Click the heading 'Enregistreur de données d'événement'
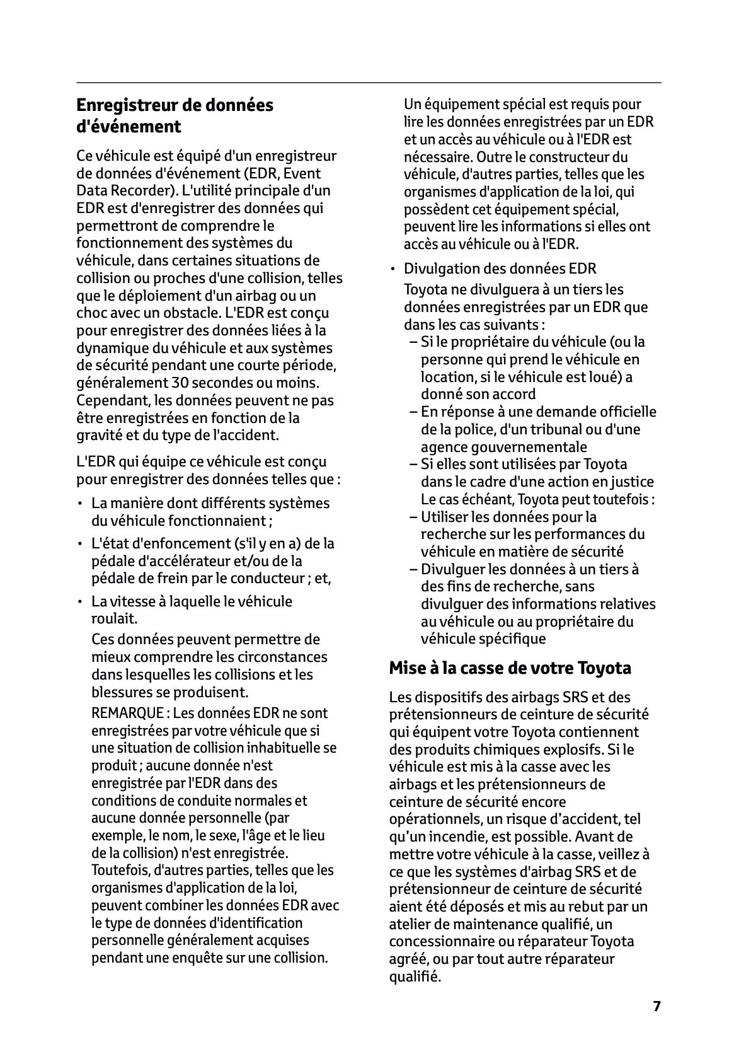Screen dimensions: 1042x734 pyautogui.click(x=175, y=115)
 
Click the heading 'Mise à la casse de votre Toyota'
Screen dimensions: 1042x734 pyautogui.click(x=510, y=668)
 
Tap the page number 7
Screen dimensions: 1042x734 pyautogui.click(x=657, y=1006)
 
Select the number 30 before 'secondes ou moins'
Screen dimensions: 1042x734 pyautogui.click(x=180, y=383)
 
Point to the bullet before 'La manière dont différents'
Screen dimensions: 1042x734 pyautogui.click(x=80, y=504)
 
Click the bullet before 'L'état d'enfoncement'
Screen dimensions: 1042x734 pyautogui.click(x=80, y=543)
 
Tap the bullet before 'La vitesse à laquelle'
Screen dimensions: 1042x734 pyautogui.click(x=80, y=601)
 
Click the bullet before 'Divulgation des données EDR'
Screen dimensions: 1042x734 pyautogui.click(x=392, y=269)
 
